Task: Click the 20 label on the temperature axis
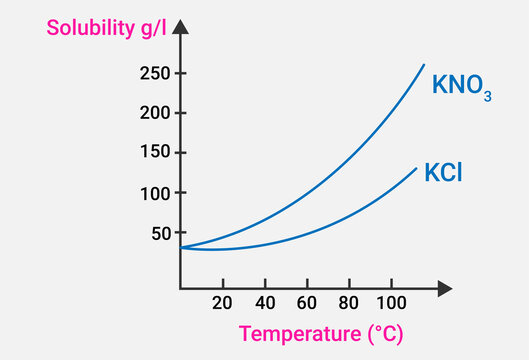coord(222,303)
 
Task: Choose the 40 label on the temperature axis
coord(265,303)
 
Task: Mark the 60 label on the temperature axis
coord(307,303)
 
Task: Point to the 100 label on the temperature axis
coord(389,303)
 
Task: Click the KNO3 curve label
coord(461,86)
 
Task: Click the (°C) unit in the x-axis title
coord(381,334)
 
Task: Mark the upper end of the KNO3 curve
coord(423,65)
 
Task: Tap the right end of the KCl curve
coord(416,167)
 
